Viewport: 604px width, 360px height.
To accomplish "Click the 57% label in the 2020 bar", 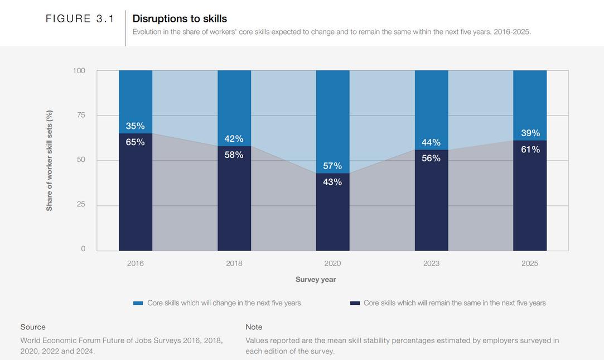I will [332, 166].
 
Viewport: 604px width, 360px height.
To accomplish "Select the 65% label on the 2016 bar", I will [135, 142].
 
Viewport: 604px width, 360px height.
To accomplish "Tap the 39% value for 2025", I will [530, 133].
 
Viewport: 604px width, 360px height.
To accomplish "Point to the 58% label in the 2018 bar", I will [234, 155].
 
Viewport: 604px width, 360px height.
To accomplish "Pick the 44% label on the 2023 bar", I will [431, 142].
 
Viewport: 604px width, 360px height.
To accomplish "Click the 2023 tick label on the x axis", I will [431, 263].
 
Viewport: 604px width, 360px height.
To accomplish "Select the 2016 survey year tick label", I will [136, 263].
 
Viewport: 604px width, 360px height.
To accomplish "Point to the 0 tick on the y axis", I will [83, 249].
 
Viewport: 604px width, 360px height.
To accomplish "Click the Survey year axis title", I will [316, 280].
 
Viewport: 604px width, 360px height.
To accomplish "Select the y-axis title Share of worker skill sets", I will [50, 161].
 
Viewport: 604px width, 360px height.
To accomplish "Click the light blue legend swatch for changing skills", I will [138, 303].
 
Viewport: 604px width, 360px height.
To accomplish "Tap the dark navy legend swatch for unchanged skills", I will [355, 303].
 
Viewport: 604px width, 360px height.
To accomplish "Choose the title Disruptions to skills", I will [180, 18].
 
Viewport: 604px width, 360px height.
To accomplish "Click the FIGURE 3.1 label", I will [80, 18].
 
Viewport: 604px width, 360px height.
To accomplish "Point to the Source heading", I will [33, 327].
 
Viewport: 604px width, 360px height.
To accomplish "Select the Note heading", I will [254, 327].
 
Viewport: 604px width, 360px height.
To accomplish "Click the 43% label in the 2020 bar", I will [332, 182].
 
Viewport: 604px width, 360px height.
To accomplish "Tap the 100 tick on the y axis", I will [79, 71].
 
